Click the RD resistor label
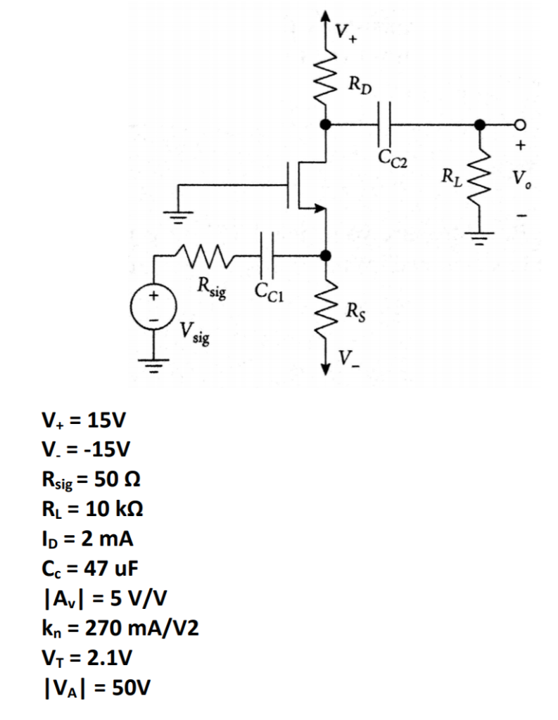click(x=360, y=88)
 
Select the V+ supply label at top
click(x=345, y=32)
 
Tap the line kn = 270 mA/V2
click(x=120, y=628)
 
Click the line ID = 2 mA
click(x=87, y=540)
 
